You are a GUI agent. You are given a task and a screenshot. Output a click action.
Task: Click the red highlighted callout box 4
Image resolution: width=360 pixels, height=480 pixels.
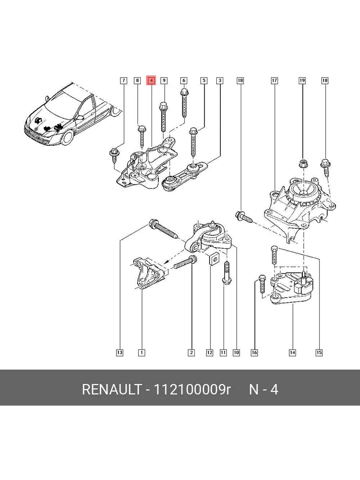point(151,80)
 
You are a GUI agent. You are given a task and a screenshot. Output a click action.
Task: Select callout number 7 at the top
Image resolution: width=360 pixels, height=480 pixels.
point(124,80)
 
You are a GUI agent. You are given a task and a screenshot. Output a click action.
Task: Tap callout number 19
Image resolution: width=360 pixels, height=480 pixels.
point(302,80)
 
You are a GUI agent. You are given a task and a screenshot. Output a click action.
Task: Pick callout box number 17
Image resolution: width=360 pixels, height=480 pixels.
point(274,80)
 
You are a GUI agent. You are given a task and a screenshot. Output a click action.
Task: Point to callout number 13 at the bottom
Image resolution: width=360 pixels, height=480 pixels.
point(120,352)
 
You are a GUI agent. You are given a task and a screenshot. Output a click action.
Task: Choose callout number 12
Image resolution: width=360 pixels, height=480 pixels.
point(209,352)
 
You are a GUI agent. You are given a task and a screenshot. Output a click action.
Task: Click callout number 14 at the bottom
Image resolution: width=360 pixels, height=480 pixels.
point(292,352)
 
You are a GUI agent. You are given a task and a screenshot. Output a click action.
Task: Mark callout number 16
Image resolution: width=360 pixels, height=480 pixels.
point(254,352)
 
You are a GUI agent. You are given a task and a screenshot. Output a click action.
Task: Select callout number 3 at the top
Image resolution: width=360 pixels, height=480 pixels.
point(220,80)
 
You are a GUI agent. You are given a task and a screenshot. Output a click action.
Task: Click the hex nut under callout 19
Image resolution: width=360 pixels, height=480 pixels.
point(303,163)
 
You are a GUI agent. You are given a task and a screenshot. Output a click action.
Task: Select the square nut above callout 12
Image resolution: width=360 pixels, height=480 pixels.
point(214,258)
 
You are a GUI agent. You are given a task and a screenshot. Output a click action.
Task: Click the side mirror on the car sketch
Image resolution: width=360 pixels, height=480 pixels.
point(80,118)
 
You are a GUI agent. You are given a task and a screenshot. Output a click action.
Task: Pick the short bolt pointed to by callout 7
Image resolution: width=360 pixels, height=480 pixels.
point(114,155)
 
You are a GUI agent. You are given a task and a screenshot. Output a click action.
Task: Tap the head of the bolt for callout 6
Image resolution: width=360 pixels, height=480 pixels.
point(184,92)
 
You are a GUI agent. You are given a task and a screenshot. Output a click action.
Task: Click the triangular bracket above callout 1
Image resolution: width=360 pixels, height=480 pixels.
point(150,274)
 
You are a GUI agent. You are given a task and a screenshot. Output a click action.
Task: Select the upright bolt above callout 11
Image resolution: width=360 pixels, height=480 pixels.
point(227,273)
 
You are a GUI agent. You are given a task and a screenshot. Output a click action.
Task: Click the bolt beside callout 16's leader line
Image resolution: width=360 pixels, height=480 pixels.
point(262,284)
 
